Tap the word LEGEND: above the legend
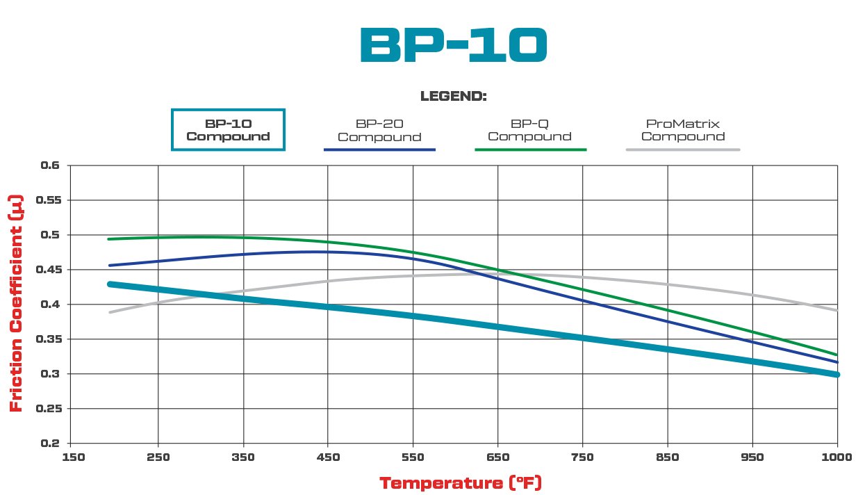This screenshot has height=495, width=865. (x=453, y=97)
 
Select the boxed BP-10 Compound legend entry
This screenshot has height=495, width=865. (x=228, y=129)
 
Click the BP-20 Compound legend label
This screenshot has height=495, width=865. (x=379, y=130)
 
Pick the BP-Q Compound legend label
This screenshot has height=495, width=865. (x=529, y=130)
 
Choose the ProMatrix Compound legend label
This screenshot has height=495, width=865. (x=682, y=130)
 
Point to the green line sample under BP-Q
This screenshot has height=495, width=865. (x=531, y=149)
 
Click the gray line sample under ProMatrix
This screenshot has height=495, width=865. (x=682, y=149)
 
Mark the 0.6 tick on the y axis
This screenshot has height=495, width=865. (x=51, y=165)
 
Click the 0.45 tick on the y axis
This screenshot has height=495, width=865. (x=48, y=270)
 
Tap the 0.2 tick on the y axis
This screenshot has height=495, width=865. (x=51, y=444)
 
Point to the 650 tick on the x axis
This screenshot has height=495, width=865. (x=497, y=457)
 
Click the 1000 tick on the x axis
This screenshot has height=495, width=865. (x=837, y=457)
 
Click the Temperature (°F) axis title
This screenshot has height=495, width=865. (x=460, y=482)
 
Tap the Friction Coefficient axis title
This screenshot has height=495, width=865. (x=16, y=303)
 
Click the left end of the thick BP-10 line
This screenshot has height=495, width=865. (x=110, y=284)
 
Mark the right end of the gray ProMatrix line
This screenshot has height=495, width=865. (x=837, y=310)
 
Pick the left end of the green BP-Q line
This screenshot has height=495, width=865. (x=108, y=239)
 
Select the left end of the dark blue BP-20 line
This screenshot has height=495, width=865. (x=109, y=266)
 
